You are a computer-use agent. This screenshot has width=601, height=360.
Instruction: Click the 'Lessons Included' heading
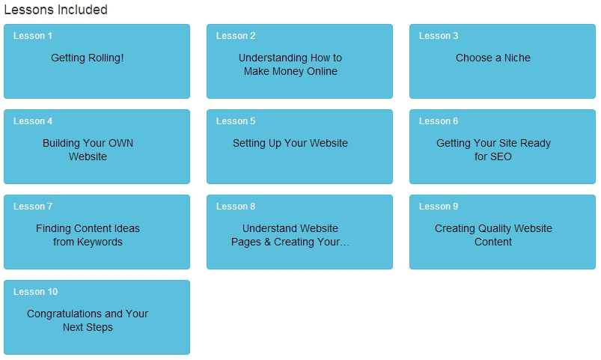pyautogui.click(x=55, y=10)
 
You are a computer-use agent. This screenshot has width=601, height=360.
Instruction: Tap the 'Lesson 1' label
pyautogui.click(x=33, y=36)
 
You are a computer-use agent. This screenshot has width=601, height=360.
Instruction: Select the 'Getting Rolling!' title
pyautogui.click(x=88, y=58)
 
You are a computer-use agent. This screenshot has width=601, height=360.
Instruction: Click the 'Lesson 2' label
pyautogui.click(x=235, y=36)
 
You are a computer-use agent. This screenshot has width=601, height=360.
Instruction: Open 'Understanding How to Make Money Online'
pyautogui.click(x=290, y=64)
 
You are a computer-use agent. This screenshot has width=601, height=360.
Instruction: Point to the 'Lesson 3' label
pyautogui.click(x=438, y=36)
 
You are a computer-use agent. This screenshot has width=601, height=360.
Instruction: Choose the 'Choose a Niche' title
pyautogui.click(x=493, y=58)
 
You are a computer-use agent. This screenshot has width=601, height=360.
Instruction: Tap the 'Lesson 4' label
pyautogui.click(x=33, y=121)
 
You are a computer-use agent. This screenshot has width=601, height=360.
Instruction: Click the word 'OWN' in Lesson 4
pyautogui.click(x=120, y=143)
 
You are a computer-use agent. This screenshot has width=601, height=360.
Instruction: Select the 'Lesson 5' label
pyautogui.click(x=235, y=121)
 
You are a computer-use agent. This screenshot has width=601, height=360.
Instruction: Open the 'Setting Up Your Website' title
pyautogui.click(x=290, y=144)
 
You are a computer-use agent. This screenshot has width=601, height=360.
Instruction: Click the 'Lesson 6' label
pyautogui.click(x=438, y=121)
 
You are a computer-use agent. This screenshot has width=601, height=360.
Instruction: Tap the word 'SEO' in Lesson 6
pyautogui.click(x=501, y=156)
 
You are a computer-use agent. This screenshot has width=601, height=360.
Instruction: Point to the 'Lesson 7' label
pyautogui.click(x=33, y=207)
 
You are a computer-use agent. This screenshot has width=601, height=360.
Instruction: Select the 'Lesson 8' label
pyautogui.click(x=235, y=207)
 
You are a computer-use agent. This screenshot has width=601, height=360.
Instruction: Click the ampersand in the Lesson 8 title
pyautogui.click(x=267, y=242)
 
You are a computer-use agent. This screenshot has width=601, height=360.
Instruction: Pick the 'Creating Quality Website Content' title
pyautogui.click(x=493, y=235)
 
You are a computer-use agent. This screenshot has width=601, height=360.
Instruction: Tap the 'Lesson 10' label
pyautogui.click(x=35, y=292)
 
